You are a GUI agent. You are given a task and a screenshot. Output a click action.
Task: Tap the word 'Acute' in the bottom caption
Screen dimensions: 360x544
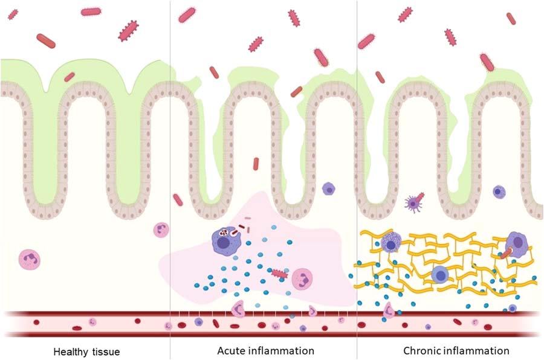pos(230,351)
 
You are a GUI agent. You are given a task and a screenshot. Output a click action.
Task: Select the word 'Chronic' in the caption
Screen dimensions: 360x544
pos(423,351)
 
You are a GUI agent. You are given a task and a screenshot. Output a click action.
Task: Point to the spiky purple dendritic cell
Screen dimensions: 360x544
pos(413,203)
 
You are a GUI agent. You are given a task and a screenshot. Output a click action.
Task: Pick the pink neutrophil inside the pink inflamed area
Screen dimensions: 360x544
pos(302,279)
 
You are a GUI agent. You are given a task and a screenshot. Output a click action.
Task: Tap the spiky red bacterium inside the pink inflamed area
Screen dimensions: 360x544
pos(279,273)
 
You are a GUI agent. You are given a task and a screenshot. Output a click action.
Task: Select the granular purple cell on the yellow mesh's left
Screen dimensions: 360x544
pos(390,242)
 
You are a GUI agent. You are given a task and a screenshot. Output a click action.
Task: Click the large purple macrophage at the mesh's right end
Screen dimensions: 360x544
pos(516,241)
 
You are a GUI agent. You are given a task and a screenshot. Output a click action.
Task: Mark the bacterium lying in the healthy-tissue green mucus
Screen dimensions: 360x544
pos(70,77)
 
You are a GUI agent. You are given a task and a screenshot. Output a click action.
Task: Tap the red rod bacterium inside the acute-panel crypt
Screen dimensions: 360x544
pos(256,163)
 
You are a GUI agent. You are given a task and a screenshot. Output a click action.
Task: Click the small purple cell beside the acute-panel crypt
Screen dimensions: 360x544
pos(328,188)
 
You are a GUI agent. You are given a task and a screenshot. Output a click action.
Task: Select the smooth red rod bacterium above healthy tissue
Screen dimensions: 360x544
pos(46,40)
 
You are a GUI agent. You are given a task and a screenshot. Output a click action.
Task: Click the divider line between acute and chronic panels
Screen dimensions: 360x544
pos(357,181)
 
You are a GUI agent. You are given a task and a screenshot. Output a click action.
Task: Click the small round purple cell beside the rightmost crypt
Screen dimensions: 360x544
pos(499,191)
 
